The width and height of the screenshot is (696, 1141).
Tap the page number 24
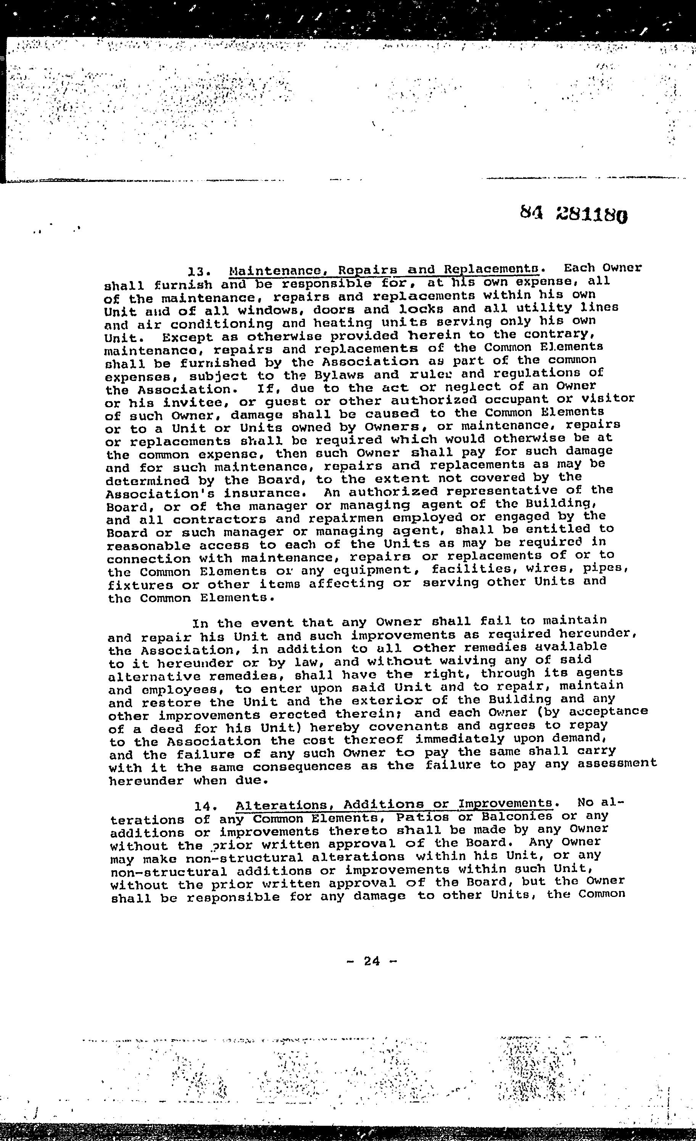(x=372, y=961)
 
